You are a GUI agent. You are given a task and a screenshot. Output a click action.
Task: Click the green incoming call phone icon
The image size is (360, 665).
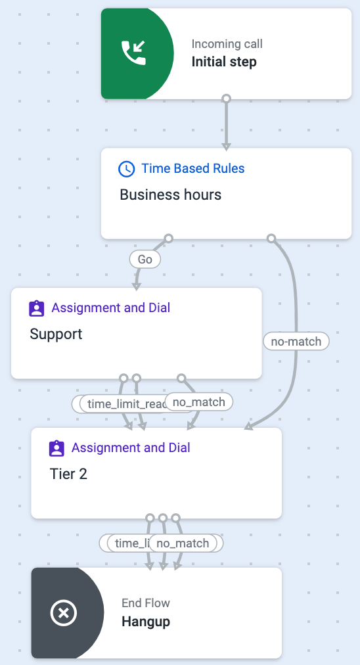(133, 53)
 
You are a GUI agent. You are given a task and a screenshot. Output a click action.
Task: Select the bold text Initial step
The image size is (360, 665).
(224, 62)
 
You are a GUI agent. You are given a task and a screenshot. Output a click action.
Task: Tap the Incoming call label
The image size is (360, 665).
(227, 44)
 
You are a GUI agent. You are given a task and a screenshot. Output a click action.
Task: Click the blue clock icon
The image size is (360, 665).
(126, 169)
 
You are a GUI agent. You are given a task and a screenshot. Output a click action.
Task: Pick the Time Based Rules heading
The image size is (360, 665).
(193, 169)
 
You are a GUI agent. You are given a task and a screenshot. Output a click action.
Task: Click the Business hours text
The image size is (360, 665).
(170, 195)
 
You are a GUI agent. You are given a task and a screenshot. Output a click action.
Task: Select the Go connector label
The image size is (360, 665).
(145, 260)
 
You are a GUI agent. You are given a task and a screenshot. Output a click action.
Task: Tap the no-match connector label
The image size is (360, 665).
(296, 341)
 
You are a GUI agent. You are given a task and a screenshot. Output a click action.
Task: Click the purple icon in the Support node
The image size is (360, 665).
(37, 308)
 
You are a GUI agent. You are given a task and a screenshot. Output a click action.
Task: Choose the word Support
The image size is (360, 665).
(56, 334)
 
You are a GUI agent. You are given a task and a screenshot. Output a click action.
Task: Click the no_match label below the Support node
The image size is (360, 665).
(199, 401)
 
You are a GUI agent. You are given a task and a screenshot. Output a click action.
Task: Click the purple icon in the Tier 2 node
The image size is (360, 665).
(56, 448)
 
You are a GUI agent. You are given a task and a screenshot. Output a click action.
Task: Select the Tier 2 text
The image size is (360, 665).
(68, 474)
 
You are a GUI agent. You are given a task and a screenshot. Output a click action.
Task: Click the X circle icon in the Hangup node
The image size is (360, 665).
(64, 613)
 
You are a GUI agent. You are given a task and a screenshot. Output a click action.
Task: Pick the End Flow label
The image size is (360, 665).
(146, 603)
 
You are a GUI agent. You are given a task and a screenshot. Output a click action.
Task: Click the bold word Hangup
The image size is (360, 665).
(146, 621)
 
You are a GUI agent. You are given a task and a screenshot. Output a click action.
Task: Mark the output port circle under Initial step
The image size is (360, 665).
(226, 99)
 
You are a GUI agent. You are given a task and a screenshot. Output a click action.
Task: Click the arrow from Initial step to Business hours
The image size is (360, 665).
(226, 125)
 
